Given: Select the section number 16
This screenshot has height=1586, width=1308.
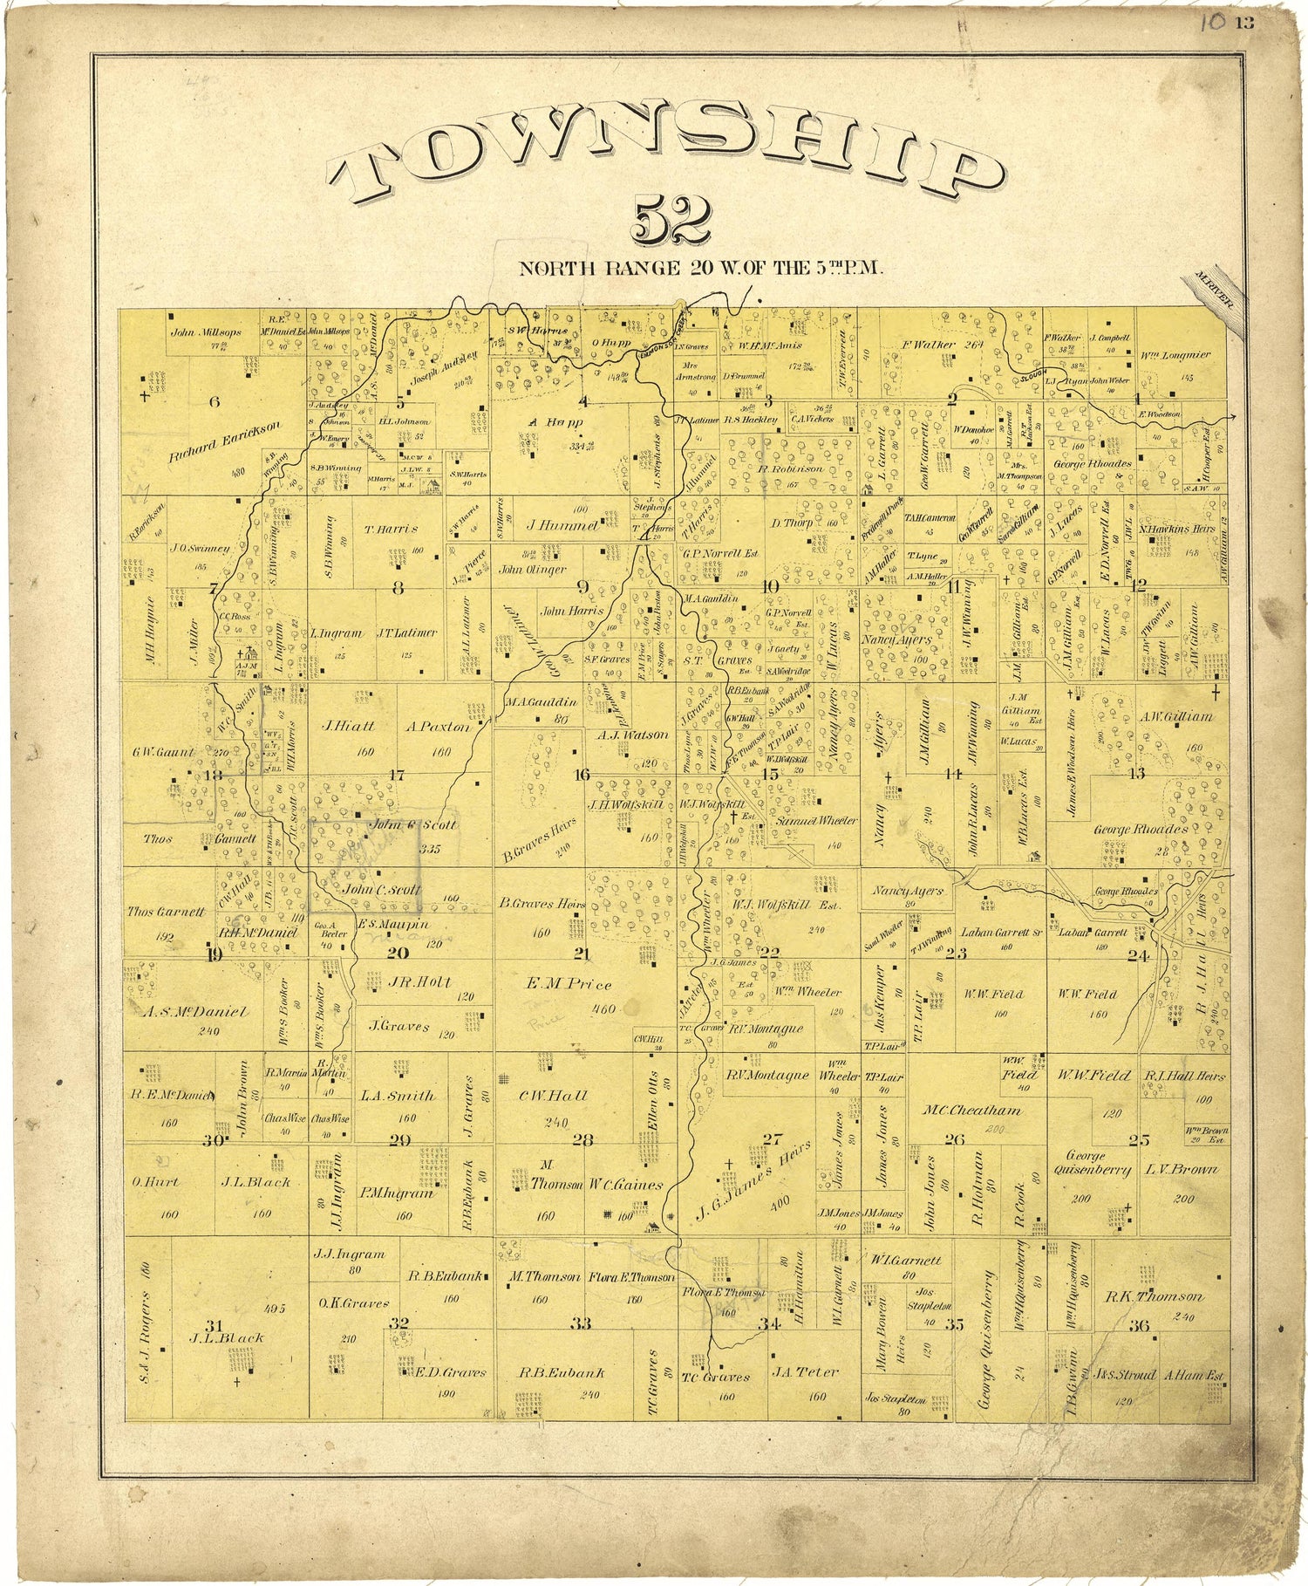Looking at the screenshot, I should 582,774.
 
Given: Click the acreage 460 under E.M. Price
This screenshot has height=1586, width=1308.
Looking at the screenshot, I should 603,1009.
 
